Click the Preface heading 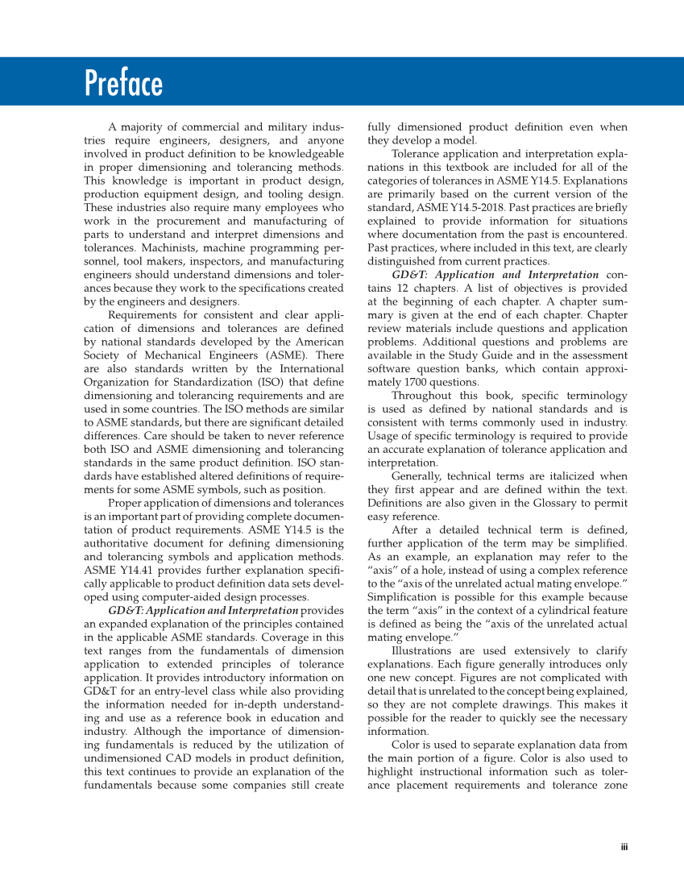click(123, 84)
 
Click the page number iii click(624, 846)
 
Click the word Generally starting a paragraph click(416, 476)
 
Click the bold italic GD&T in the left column click(123, 611)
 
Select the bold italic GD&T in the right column click(408, 275)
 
